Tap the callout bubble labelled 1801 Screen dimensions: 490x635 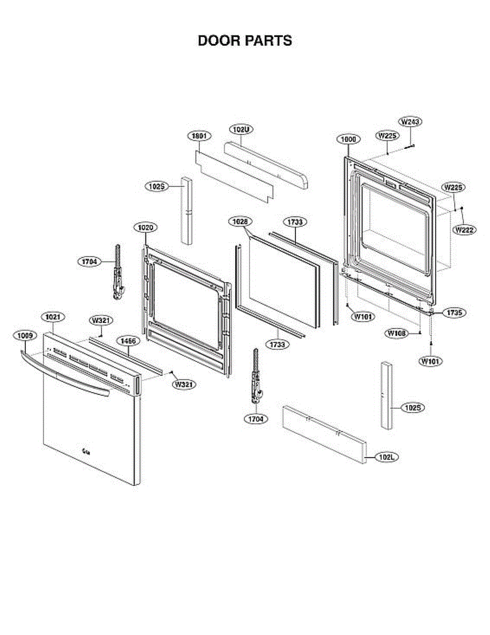199,135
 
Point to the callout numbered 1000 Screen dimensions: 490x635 348,139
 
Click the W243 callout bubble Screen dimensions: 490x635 410,122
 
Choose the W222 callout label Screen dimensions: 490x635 464,230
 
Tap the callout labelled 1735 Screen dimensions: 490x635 454,313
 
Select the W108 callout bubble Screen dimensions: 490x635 396,333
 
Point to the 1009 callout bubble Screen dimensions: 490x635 24,335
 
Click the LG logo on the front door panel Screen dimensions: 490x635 85,451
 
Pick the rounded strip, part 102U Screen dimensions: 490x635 267,165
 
